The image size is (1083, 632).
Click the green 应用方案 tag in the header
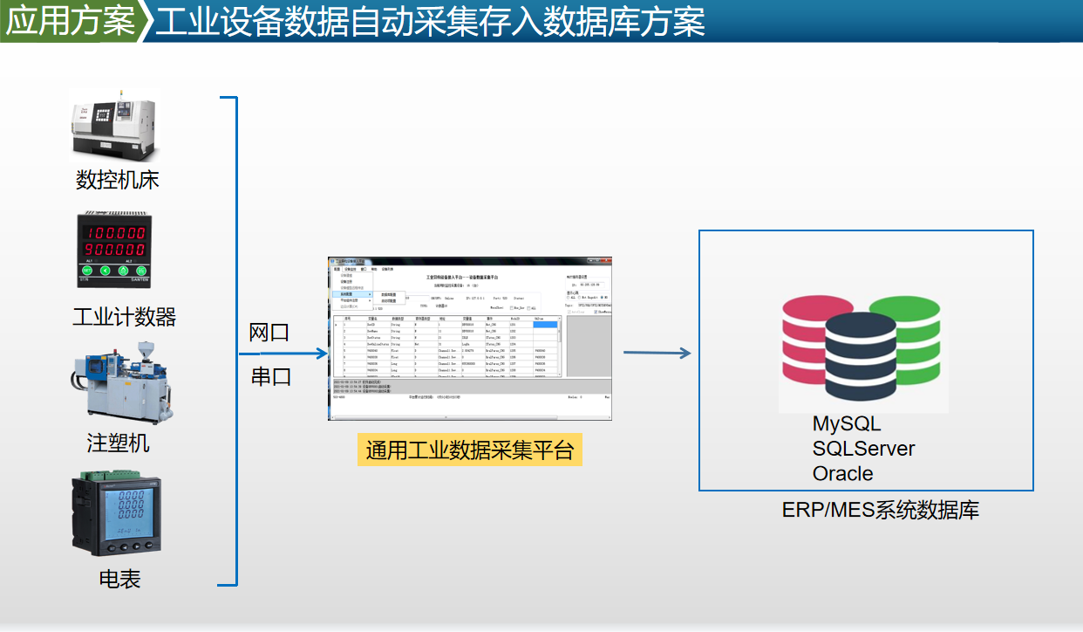click(70, 21)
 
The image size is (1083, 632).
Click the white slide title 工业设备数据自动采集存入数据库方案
click(429, 22)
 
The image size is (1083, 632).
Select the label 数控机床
click(118, 181)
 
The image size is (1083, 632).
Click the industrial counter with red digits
click(114, 250)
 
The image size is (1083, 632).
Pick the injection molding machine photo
click(115, 377)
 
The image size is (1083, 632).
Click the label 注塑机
click(118, 443)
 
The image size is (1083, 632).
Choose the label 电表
click(119, 579)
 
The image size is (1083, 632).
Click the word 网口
click(269, 333)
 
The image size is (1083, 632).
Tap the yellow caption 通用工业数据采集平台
click(469, 450)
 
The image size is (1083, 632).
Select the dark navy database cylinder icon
click(861, 358)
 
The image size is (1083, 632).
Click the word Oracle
click(842, 473)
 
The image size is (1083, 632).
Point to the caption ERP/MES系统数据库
click(880, 510)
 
